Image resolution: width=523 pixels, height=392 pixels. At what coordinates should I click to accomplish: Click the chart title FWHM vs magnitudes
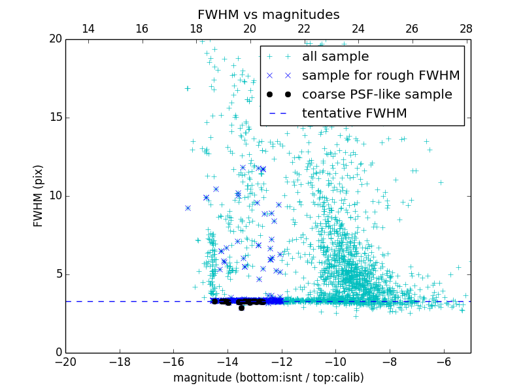point(268,14)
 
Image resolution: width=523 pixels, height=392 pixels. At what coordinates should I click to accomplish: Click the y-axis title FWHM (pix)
point(39,196)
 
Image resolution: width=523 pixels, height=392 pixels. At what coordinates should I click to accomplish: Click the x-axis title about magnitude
point(268,378)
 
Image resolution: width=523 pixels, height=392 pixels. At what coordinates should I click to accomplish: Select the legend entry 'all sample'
point(335,57)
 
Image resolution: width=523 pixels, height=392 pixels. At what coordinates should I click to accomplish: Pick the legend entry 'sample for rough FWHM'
point(380,76)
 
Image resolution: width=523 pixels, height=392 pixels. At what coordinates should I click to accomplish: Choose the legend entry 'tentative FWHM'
point(354,114)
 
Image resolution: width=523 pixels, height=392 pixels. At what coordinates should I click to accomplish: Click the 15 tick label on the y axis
point(56,118)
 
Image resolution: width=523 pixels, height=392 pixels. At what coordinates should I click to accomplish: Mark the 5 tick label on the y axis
point(58,274)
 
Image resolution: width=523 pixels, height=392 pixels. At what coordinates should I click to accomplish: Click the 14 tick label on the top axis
point(88,29)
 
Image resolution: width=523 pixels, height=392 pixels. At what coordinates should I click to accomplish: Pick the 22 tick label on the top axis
point(304,29)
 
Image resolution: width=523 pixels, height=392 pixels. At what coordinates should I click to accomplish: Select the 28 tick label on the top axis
point(465,29)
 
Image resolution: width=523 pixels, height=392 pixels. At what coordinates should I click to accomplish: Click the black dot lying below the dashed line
point(241,308)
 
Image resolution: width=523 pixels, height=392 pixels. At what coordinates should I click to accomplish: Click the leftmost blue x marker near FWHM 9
point(188,208)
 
